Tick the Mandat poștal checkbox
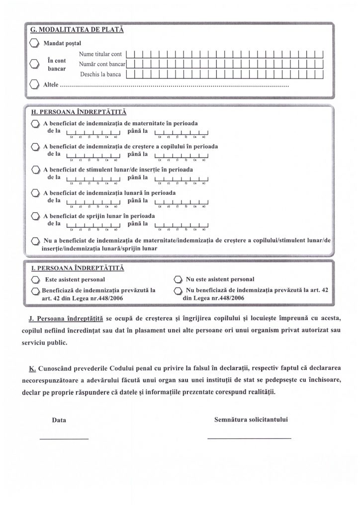34,43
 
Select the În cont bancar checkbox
34,64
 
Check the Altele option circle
34,85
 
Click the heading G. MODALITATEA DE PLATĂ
77,29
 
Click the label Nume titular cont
100,54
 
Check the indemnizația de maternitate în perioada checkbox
35,123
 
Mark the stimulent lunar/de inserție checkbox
35,170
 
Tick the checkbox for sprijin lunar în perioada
35,216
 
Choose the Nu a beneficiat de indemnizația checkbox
35,241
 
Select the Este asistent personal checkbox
35,279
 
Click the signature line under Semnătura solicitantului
249,438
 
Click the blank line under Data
64,438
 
